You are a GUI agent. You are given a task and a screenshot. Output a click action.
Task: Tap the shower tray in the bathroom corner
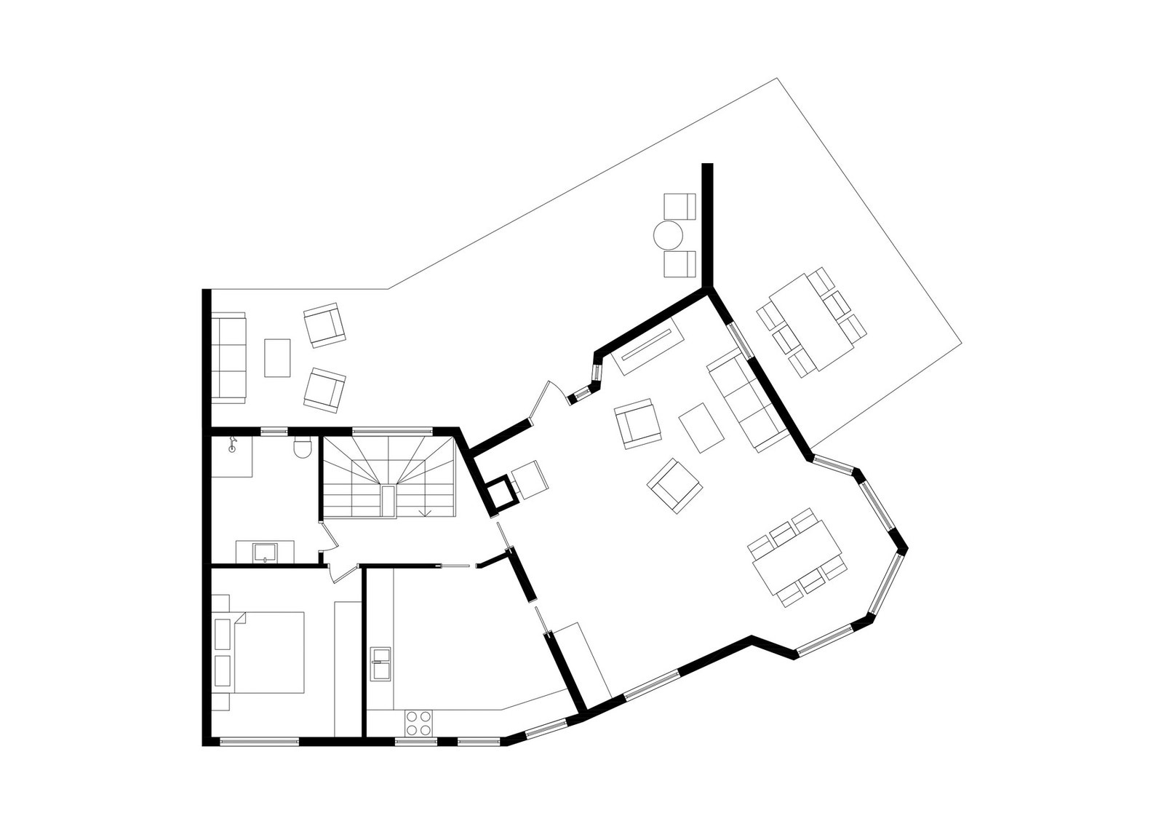[233, 456]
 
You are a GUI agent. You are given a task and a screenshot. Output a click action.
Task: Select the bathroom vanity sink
[263, 551]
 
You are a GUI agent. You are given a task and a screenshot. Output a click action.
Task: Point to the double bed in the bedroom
[266, 652]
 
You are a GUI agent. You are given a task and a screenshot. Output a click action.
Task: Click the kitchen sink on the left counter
[380, 662]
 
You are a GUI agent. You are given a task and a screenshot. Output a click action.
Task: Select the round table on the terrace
[668, 235]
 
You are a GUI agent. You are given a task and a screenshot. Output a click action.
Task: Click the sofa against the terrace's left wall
[228, 357]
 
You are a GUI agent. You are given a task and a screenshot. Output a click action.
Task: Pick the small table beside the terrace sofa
[277, 357]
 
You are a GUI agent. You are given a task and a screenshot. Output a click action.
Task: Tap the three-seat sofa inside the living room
[746, 399]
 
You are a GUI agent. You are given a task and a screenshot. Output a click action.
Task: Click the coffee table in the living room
[701, 427]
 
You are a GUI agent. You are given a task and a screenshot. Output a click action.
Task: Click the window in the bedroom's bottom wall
[260, 741]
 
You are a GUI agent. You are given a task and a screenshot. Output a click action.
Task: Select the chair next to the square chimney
[529, 480]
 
